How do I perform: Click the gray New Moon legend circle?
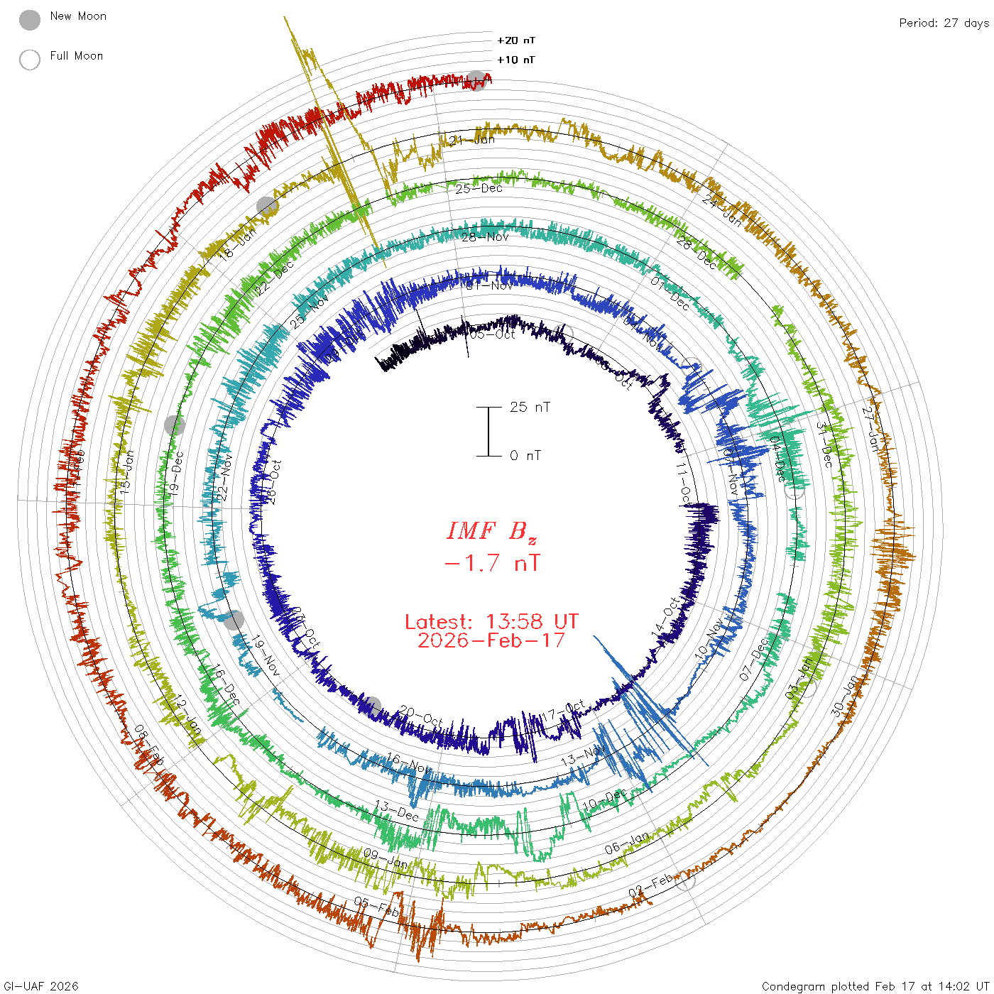pyautogui.click(x=30, y=21)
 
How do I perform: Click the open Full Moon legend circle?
pyautogui.click(x=30, y=60)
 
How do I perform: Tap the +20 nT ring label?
pyautogui.click(x=516, y=40)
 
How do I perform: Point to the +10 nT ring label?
pyautogui.click(x=516, y=60)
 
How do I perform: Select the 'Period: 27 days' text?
pyautogui.click(x=944, y=23)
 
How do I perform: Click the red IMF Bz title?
pyautogui.click(x=491, y=531)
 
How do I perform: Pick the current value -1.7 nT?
pyautogui.click(x=491, y=563)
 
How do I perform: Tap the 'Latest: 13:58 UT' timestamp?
pyautogui.click(x=491, y=622)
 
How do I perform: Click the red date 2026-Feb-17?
pyautogui.click(x=491, y=640)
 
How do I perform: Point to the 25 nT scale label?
pyautogui.click(x=530, y=407)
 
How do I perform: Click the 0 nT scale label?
pyautogui.click(x=525, y=456)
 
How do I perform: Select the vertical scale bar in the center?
pyautogui.click(x=488, y=432)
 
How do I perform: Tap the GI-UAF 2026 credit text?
pyautogui.click(x=40, y=986)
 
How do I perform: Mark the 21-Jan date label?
pyautogui.click(x=472, y=140)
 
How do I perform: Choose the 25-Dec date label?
pyautogui.click(x=479, y=189)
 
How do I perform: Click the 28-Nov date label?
pyautogui.click(x=485, y=237)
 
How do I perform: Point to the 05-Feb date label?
pyautogui.click(x=376, y=907)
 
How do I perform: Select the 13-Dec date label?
pyautogui.click(x=396, y=811)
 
